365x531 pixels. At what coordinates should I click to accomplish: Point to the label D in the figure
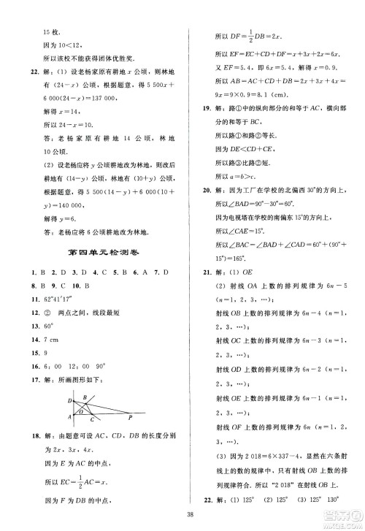(x=69, y=400)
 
